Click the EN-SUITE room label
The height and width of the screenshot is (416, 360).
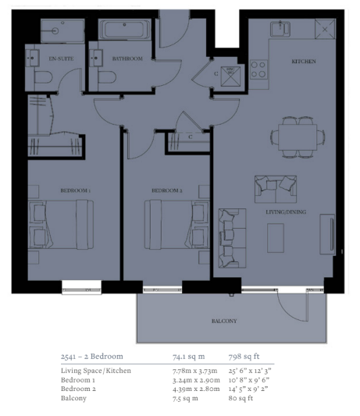tap(61, 59)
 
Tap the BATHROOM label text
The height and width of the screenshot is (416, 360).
tap(127, 59)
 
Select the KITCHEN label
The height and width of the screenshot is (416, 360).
tap(304, 62)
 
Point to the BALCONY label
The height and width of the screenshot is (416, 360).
tap(224, 321)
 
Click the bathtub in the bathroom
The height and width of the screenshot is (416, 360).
tap(125, 30)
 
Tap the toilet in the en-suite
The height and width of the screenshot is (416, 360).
tap(43, 78)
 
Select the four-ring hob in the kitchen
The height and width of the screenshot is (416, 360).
tap(258, 69)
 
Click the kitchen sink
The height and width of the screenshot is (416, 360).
tap(280, 29)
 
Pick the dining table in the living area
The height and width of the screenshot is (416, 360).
tap(298, 137)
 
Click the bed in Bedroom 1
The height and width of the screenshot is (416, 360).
tap(61, 225)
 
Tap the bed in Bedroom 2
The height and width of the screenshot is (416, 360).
tap(176, 225)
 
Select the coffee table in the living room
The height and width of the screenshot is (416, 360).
tap(276, 238)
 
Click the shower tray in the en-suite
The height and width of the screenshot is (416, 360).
tap(62, 30)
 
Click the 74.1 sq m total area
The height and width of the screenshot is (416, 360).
tap(188, 357)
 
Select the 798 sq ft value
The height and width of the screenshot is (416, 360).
tap(244, 357)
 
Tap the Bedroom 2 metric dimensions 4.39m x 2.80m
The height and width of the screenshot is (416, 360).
tap(196, 389)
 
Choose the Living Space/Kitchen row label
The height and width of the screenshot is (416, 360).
tap(96, 371)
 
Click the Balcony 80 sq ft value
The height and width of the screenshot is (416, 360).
tap(241, 398)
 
